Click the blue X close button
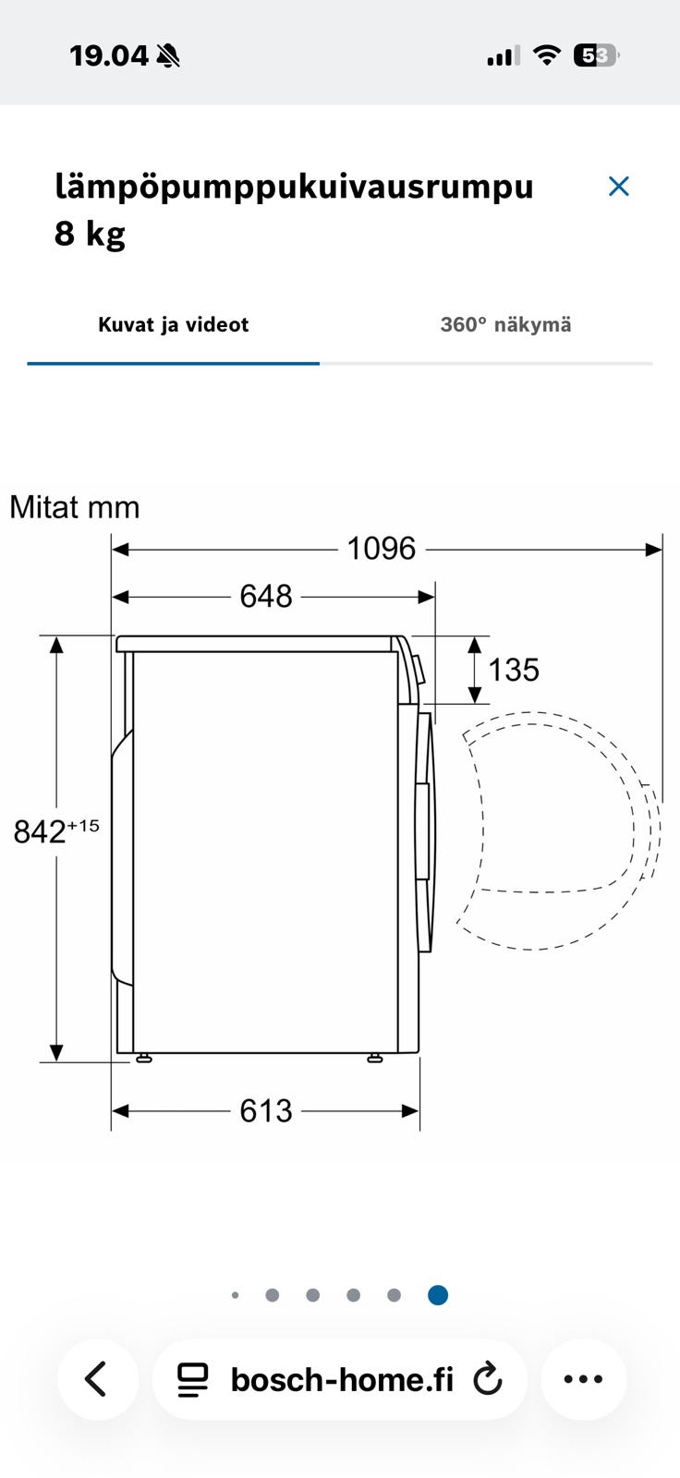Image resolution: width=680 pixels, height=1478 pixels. coord(619,187)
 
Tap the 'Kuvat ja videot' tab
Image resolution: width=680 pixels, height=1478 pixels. coord(173,324)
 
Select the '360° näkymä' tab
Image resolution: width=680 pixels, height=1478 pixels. coord(505,324)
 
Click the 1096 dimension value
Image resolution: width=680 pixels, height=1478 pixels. coord(382,549)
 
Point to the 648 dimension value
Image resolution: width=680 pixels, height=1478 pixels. coord(265,597)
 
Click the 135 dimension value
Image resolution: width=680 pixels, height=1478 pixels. coord(514,671)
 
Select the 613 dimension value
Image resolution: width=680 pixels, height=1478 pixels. coord(265,1111)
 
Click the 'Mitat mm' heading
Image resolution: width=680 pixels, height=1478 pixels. coord(75,508)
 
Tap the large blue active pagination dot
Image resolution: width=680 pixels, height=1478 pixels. coord(438,1295)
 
